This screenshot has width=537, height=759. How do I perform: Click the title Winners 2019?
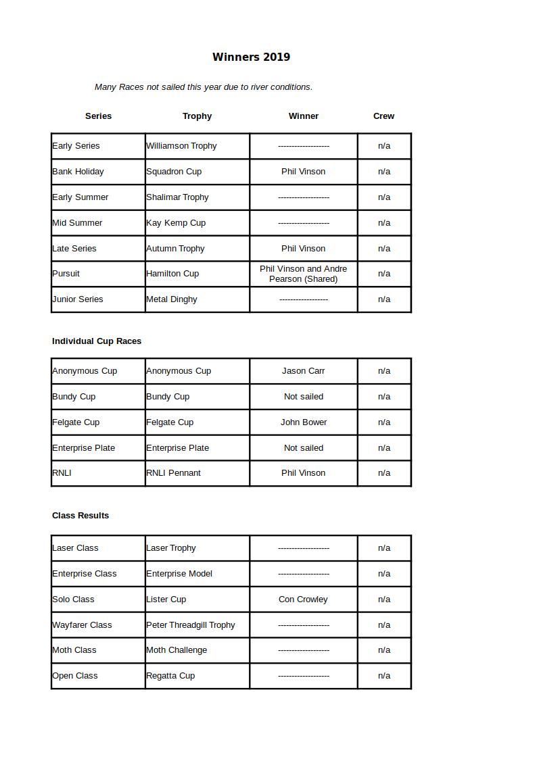pyautogui.click(x=251, y=57)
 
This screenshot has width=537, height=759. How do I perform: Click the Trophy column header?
pyautogui.click(x=197, y=116)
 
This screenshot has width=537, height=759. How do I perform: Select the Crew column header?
pyautogui.click(x=383, y=116)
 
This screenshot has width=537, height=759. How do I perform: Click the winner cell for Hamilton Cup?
pyautogui.click(x=303, y=274)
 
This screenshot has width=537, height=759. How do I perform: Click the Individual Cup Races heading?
pyautogui.click(x=97, y=341)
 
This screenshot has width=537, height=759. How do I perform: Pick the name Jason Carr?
pyautogui.click(x=303, y=371)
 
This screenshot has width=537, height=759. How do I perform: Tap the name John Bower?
pyautogui.click(x=303, y=422)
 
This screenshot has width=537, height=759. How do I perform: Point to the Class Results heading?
pyautogui.click(x=80, y=516)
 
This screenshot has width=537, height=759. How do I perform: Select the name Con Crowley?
pyautogui.click(x=303, y=599)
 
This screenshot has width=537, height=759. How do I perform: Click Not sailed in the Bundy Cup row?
pyautogui.click(x=303, y=397)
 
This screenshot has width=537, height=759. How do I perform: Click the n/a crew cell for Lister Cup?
pyautogui.click(x=383, y=599)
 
